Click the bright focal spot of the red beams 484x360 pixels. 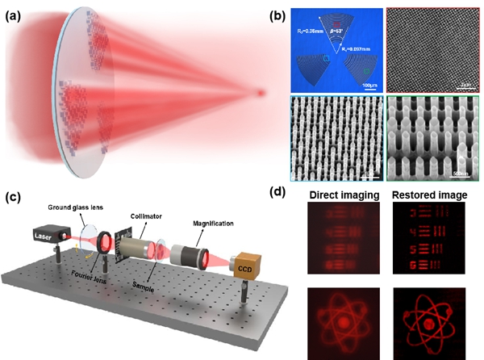click(x=259, y=93)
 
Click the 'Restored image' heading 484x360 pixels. click(x=426, y=194)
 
